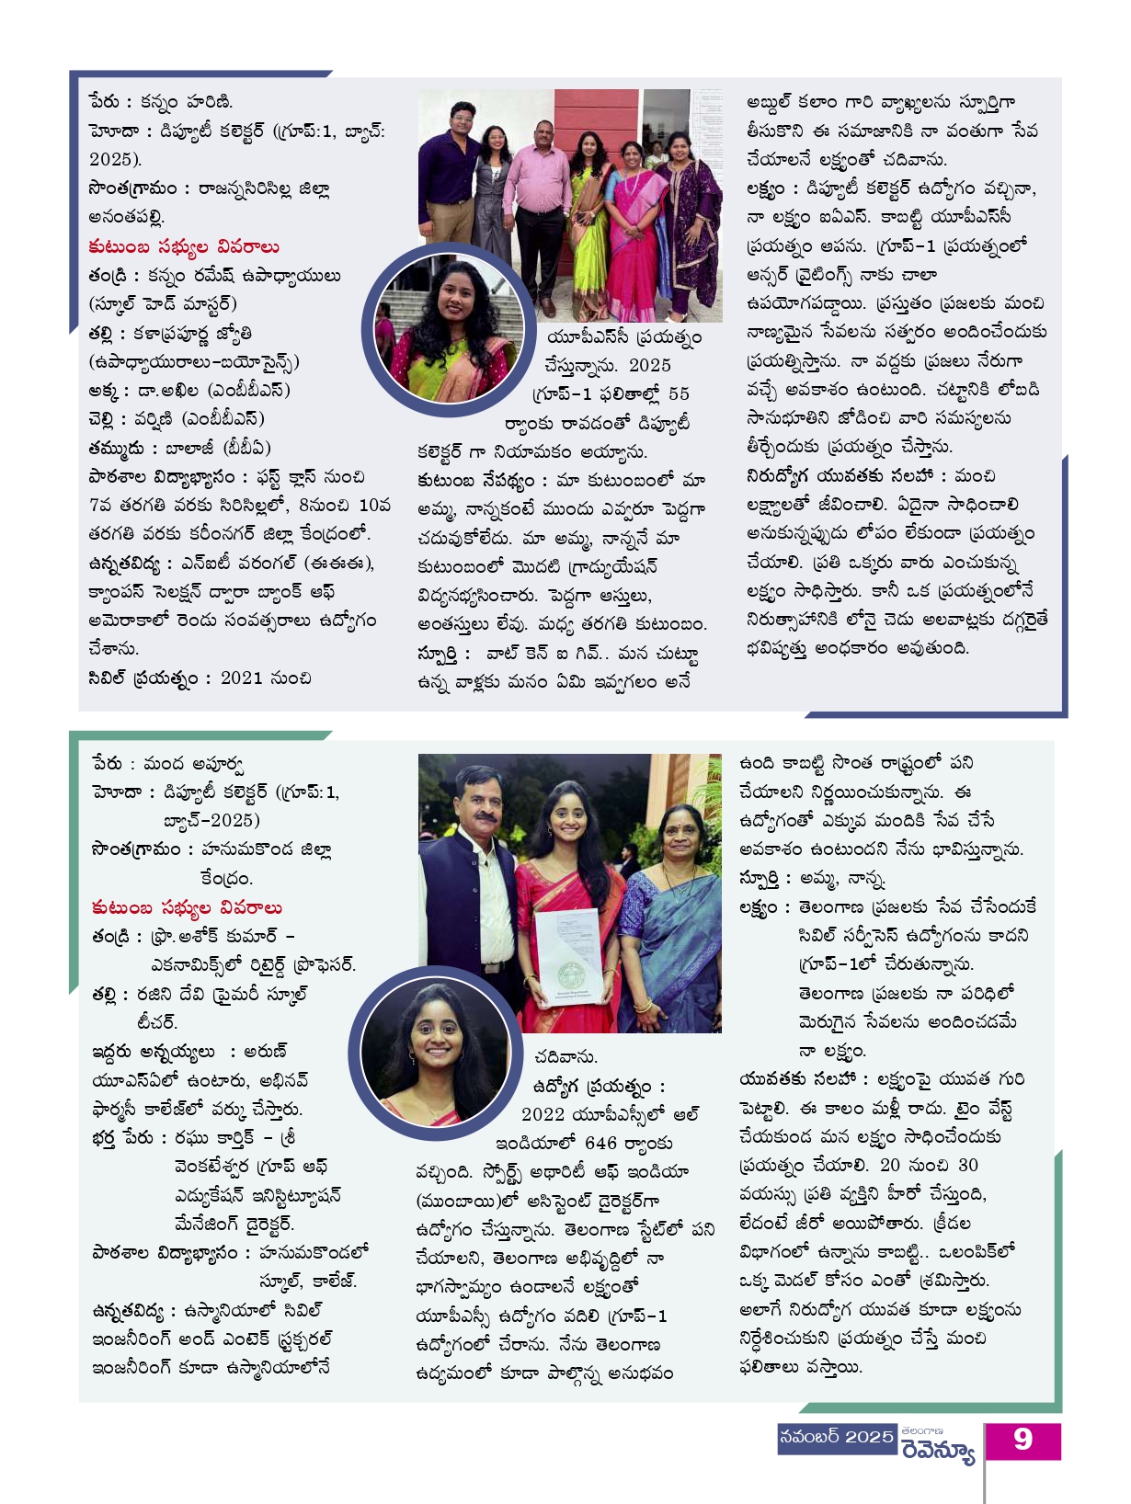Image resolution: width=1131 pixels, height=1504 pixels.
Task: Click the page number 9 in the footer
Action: click(1022, 1440)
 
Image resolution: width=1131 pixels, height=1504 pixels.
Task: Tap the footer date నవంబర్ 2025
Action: click(836, 1437)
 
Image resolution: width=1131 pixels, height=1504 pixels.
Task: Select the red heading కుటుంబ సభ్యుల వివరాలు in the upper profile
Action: click(184, 246)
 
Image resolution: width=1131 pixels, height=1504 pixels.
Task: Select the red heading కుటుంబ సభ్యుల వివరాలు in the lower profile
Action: click(187, 907)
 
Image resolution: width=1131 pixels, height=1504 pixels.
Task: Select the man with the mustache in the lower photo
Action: click(470, 883)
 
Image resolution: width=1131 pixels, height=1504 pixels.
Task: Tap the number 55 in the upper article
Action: click(679, 393)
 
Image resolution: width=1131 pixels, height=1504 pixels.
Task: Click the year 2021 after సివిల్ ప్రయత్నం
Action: click(242, 678)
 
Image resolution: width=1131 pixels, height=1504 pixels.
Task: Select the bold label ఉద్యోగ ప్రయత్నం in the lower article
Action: click(598, 1086)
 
